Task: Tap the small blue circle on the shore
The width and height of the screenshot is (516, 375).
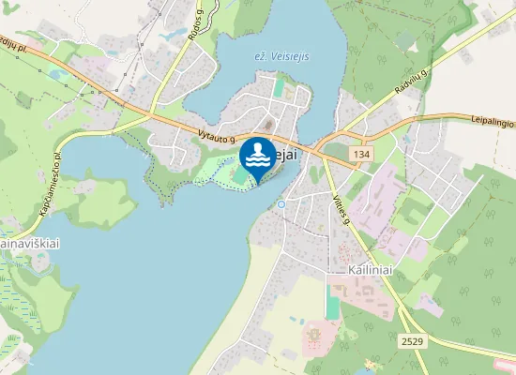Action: (x=281, y=203)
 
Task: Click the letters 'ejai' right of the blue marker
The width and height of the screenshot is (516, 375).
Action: (x=286, y=156)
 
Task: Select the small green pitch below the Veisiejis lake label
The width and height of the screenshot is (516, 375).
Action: (x=280, y=86)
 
